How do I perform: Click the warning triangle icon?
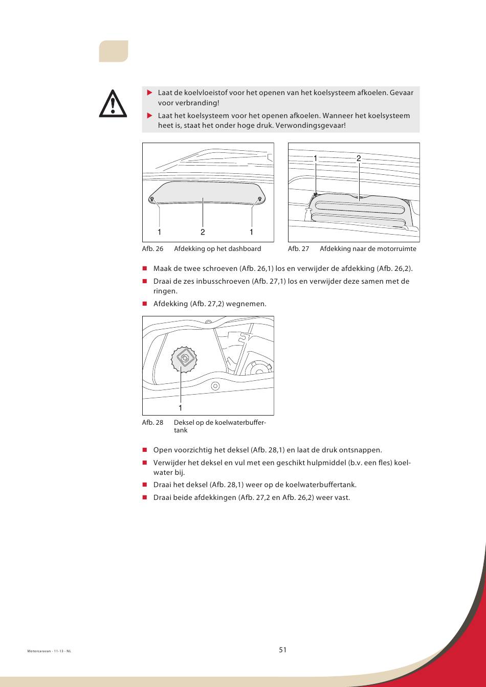point(113,104)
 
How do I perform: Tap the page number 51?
point(283,650)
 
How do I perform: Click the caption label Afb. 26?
point(152,249)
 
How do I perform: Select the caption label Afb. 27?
point(298,249)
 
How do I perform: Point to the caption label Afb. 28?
point(152,423)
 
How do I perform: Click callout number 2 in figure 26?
point(203,232)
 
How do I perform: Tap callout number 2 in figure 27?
point(359,158)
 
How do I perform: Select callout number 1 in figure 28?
point(180,408)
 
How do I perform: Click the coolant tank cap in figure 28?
point(184,359)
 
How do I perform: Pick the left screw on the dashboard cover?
point(152,199)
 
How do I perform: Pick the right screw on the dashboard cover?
point(260,199)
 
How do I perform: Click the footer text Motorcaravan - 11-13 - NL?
point(49,651)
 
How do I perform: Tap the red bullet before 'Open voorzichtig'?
point(145,450)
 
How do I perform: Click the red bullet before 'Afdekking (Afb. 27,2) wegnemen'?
point(145,304)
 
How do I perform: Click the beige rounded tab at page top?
point(113,51)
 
